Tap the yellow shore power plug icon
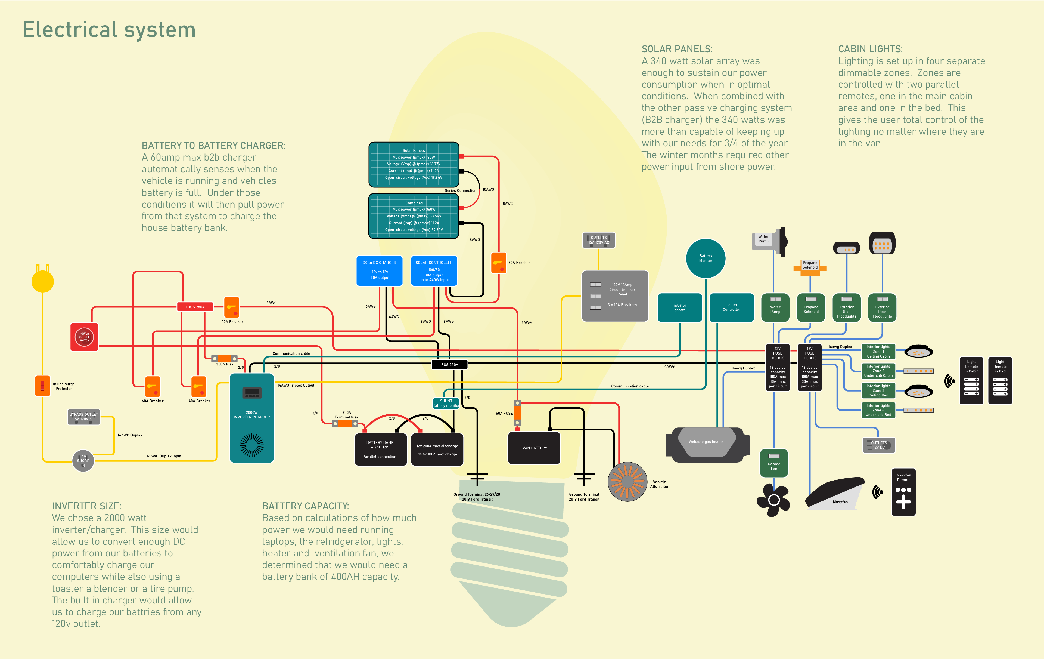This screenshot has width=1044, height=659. click(42, 281)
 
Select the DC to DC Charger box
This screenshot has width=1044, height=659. click(379, 271)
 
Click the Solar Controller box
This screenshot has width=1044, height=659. click(434, 271)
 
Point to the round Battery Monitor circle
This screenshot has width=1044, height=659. click(706, 258)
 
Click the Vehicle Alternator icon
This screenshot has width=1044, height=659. click(627, 482)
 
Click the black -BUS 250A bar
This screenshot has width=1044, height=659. click(449, 364)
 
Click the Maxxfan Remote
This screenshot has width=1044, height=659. click(903, 492)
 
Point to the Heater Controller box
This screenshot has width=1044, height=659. click(731, 307)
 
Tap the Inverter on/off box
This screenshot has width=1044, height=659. click(679, 307)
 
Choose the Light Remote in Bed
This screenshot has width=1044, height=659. click(1000, 380)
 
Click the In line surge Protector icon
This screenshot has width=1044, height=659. click(42, 386)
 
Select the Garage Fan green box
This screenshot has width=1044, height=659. click(774, 463)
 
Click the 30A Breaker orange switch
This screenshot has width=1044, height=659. click(499, 263)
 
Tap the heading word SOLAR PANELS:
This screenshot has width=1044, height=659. click(677, 49)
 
